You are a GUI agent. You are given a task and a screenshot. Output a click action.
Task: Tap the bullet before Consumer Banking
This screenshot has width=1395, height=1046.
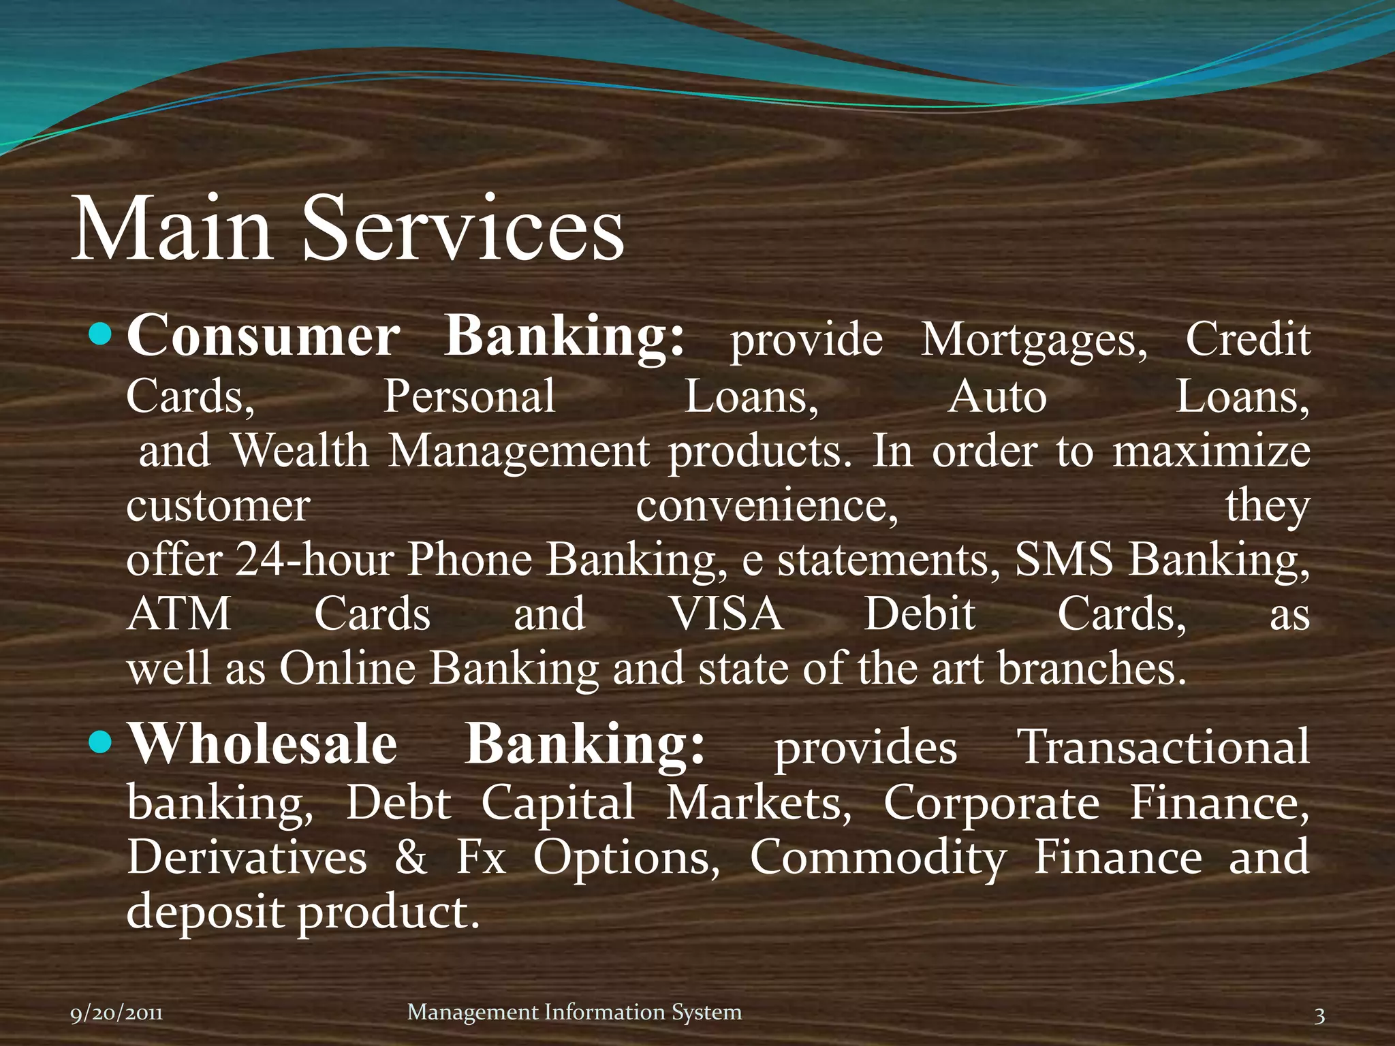(101, 334)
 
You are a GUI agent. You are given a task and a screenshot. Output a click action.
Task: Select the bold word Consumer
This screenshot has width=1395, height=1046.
(263, 336)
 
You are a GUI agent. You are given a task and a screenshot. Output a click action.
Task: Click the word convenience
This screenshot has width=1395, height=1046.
(767, 506)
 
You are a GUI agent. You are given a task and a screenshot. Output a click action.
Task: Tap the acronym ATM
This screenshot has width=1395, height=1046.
(179, 614)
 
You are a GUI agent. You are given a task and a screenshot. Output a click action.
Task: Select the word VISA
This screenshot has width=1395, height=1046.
(726, 614)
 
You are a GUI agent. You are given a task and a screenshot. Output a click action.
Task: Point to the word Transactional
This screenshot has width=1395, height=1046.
(1163, 748)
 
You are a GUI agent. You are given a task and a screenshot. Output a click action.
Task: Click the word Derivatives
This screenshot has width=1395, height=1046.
(247, 857)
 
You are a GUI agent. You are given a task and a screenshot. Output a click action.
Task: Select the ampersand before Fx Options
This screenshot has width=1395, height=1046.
(411, 858)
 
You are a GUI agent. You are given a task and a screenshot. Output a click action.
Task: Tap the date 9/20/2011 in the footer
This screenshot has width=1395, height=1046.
(116, 1014)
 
